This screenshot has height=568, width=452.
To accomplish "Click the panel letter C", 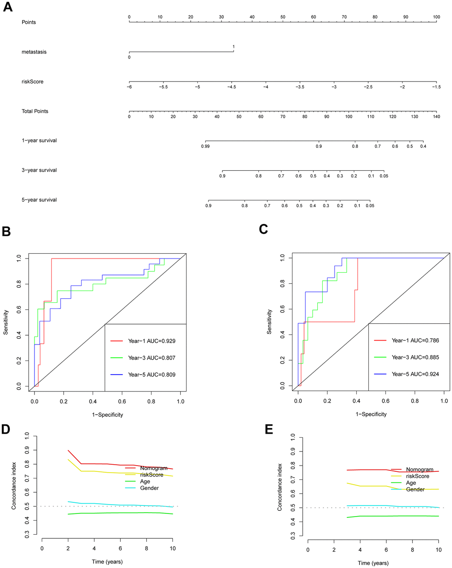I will point(264,229).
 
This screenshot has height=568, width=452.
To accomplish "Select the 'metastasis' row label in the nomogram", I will point(34,52).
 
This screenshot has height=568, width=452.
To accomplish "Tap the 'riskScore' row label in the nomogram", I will point(32,82).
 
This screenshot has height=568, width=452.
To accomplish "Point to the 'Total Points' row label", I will point(35,111).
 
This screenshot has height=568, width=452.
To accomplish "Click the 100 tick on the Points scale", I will point(436,17).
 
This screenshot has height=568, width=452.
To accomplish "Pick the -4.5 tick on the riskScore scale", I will point(232,87).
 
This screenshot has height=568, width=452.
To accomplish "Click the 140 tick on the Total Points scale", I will point(436,117).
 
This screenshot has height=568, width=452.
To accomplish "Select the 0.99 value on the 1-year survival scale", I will point(205,146).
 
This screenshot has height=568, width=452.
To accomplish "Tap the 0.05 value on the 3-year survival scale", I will point(384,176).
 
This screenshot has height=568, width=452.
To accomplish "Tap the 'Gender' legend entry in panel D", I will point(149,488).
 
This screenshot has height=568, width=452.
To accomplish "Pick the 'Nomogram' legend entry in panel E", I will point(419,470).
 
